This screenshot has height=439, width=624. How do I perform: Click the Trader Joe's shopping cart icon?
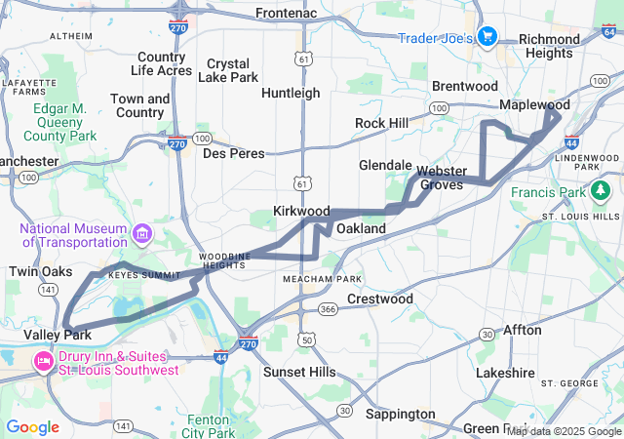click(488, 38)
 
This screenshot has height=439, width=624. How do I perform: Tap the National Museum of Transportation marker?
click(142, 234)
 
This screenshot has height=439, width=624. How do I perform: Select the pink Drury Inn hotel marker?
click(43, 363)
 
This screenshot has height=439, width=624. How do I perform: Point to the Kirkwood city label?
click(301, 211)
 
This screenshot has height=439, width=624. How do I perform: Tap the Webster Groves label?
click(442, 178)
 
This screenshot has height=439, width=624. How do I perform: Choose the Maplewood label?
click(534, 104)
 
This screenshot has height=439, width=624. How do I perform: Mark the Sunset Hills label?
click(299, 372)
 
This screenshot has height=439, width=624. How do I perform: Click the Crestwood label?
click(380, 299)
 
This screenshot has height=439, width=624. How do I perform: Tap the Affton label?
click(522, 330)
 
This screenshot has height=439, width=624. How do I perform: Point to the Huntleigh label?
click(291, 93)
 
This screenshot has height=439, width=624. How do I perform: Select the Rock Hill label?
click(381, 123)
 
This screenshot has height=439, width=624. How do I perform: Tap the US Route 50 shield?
click(307, 339)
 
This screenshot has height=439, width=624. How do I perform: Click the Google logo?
click(32, 427)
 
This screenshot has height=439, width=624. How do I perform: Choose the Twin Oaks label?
click(41, 271)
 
